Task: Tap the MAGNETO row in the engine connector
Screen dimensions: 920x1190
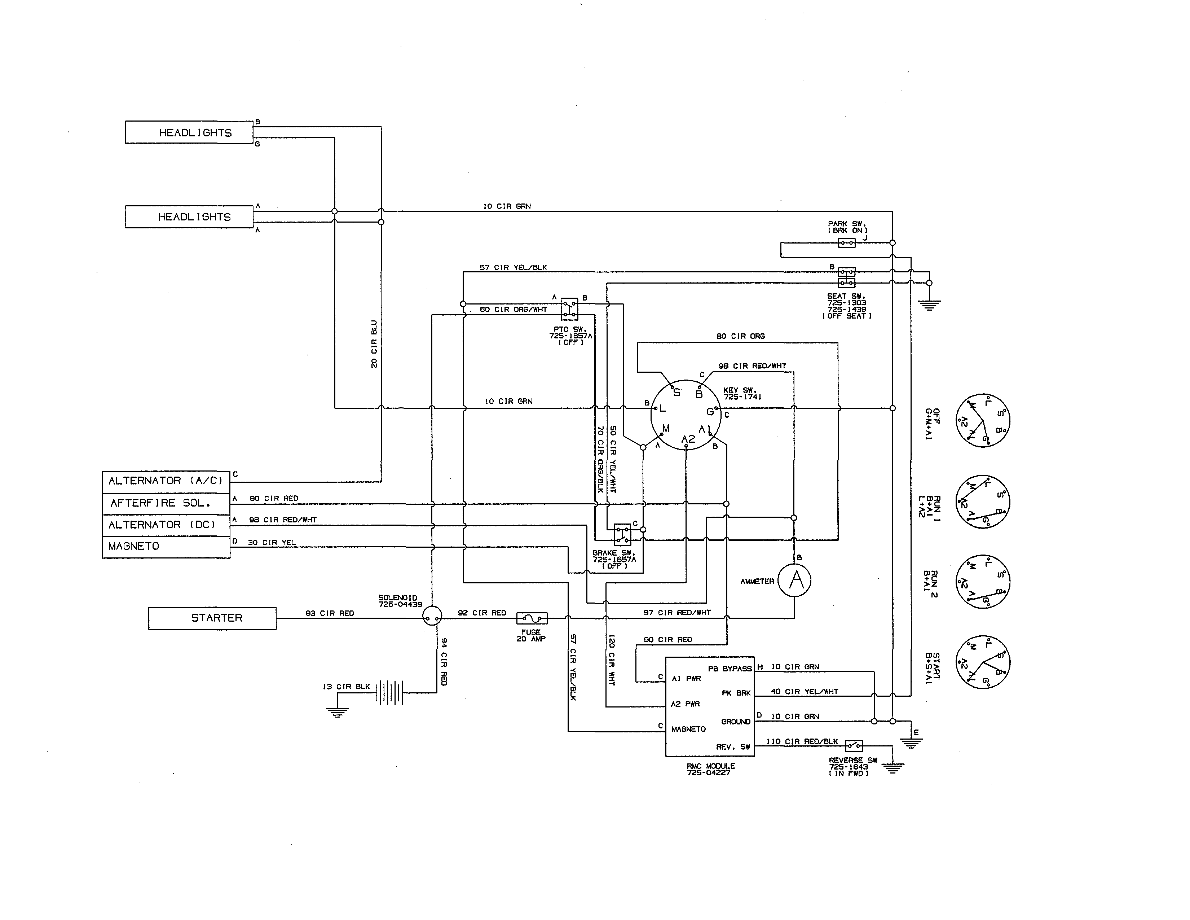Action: point(166,547)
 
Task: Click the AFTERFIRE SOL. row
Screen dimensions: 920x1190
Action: point(166,503)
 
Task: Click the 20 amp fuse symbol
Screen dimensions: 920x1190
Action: point(531,618)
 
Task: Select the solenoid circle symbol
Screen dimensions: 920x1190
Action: point(432,616)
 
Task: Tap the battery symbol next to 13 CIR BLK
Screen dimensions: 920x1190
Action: point(390,693)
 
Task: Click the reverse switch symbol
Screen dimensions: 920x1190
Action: point(854,745)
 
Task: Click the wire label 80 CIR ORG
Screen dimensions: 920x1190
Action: point(740,336)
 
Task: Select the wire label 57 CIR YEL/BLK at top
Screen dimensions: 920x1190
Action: point(513,268)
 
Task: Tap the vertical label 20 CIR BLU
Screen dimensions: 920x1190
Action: point(374,344)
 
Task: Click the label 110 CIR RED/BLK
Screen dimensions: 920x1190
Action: point(802,742)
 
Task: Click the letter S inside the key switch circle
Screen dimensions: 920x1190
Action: point(677,393)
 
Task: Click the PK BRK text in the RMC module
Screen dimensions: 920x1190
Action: point(736,693)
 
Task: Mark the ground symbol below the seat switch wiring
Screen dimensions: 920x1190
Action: point(929,305)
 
